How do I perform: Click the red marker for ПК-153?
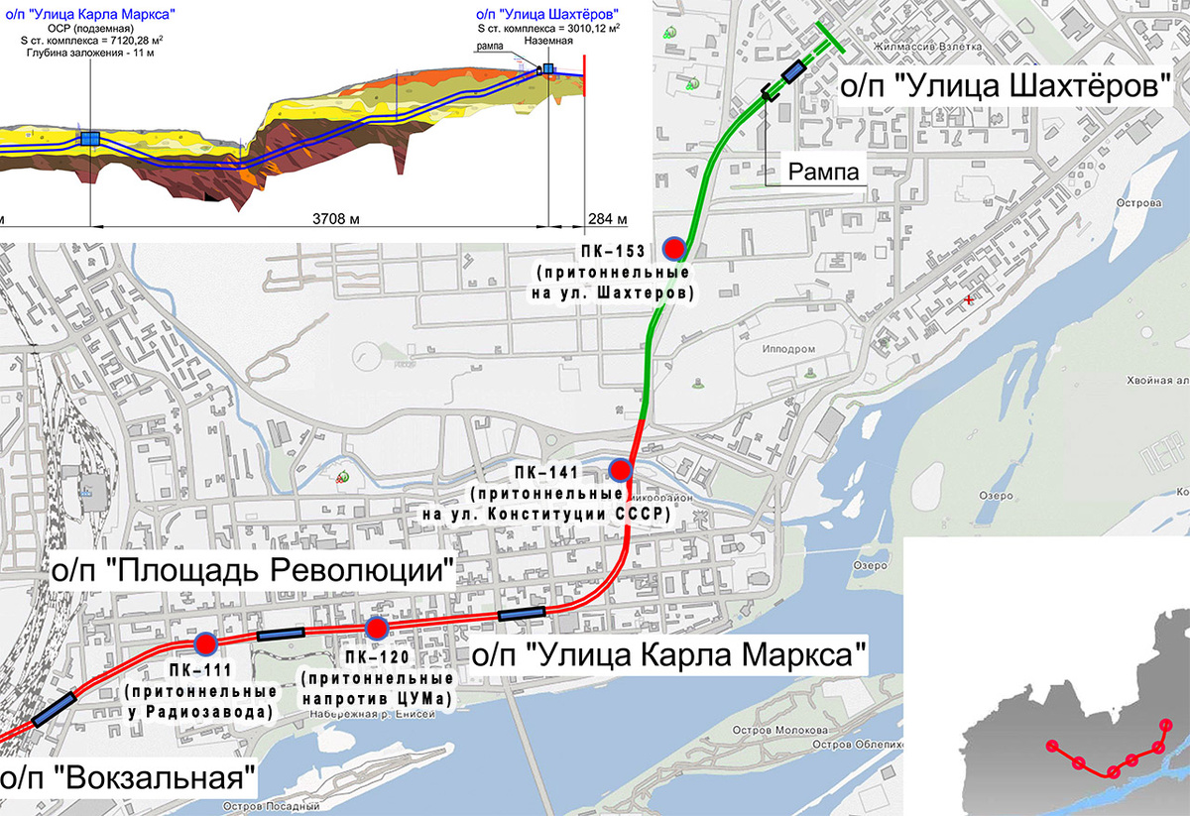point(675,248)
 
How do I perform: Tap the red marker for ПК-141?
point(620,470)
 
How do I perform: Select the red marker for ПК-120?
point(376,628)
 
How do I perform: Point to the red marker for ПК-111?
point(205,644)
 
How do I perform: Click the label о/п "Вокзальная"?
point(127,776)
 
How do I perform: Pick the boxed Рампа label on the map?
point(822,171)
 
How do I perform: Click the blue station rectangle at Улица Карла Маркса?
point(521,615)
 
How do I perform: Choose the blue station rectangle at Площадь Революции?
point(280,635)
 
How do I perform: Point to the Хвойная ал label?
point(1156,381)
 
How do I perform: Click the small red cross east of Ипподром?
point(969,298)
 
